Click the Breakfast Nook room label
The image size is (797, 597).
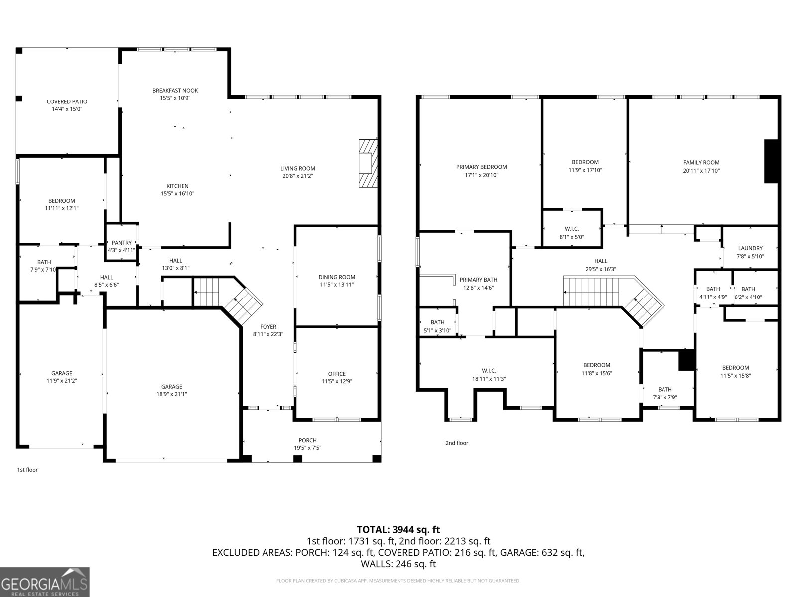pyautogui.click(x=175, y=90)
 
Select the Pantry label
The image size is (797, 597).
pyautogui.click(x=121, y=243)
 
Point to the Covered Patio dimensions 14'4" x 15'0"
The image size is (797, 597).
pyautogui.click(x=67, y=109)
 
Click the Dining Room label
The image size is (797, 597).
pyautogui.click(x=337, y=277)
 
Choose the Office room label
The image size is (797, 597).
pyautogui.click(x=337, y=374)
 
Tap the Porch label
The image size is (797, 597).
pyautogui.click(x=307, y=440)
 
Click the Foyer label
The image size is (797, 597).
pyautogui.click(x=268, y=327)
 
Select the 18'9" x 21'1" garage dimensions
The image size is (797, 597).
pyautogui.click(x=171, y=394)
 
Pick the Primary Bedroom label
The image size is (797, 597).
pyautogui.click(x=481, y=167)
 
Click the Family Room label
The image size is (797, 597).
pyautogui.click(x=701, y=162)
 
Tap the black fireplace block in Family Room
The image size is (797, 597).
pyautogui.click(x=771, y=161)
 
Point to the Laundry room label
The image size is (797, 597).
pyautogui.click(x=750, y=248)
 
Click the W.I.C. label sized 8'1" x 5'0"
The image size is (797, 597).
pyautogui.click(x=572, y=229)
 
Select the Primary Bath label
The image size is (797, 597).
pyautogui.click(x=478, y=280)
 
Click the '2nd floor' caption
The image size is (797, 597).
pyautogui.click(x=457, y=443)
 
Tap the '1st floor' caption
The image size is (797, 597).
pyautogui.click(x=27, y=470)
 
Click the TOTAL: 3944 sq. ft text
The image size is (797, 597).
pyautogui.click(x=398, y=530)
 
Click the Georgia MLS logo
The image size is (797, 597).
pyautogui.click(x=45, y=582)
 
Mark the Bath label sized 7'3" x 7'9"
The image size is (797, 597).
pyautogui.click(x=664, y=389)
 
